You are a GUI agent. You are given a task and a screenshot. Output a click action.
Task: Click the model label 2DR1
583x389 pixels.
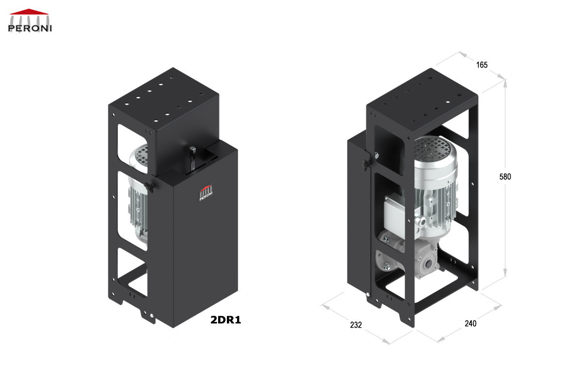[x=225, y=320]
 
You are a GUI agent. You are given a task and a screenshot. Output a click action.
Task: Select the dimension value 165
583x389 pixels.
[x=481, y=65]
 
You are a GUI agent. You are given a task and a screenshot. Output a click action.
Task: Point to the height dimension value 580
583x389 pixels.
[x=505, y=177]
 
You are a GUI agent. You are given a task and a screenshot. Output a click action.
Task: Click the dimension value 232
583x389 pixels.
[x=356, y=325]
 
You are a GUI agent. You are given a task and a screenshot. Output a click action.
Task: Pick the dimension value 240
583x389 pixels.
[x=470, y=323]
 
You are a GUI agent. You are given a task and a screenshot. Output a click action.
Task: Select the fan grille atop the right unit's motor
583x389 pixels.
[x=432, y=146]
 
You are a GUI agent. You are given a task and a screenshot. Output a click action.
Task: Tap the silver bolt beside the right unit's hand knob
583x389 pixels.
[x=377, y=155]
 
